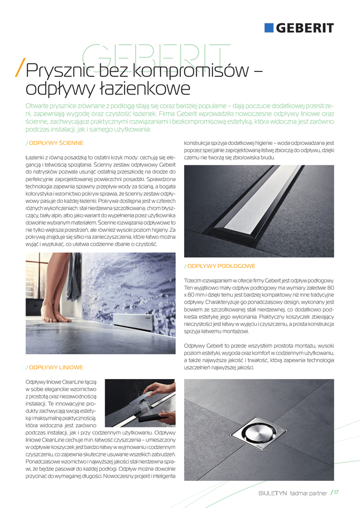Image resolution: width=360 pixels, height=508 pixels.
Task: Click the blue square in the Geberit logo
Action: [269, 28]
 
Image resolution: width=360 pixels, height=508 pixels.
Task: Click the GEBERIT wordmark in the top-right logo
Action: [305, 28]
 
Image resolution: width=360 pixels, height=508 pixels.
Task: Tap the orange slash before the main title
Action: [20, 70]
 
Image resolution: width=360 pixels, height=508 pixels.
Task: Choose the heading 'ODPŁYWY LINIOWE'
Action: [56, 368]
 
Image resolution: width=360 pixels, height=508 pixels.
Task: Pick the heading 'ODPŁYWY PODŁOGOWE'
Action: [221, 266]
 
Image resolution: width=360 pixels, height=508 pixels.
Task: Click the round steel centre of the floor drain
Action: [258, 431]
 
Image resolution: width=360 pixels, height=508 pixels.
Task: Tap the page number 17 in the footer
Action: [336, 493]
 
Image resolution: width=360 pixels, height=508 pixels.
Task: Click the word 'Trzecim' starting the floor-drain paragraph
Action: [194, 280]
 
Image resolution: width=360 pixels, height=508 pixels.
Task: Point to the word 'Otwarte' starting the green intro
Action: [39, 106]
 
